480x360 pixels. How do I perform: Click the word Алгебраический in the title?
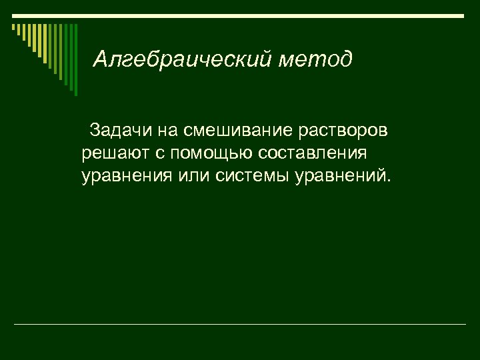coord(181,59)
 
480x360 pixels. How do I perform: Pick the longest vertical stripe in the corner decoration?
coord(75,59)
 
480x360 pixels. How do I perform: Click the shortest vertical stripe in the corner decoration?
coord(13,28)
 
